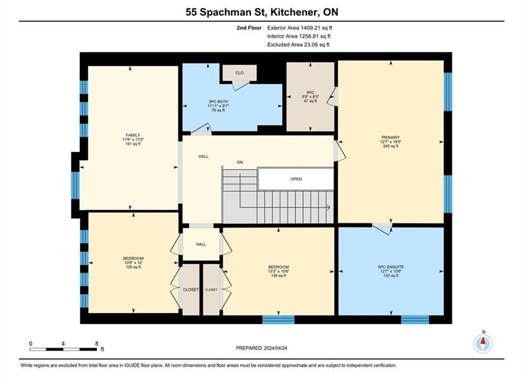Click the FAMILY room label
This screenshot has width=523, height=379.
(x=133, y=135)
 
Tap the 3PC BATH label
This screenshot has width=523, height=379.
(x=218, y=102)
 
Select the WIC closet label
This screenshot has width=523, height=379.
(x=310, y=93)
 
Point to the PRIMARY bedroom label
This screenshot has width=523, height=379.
(x=391, y=137)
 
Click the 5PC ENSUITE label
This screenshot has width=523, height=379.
(x=391, y=267)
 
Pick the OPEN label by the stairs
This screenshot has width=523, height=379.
(x=296, y=179)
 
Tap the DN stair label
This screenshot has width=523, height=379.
(x=240, y=162)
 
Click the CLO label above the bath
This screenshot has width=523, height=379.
(x=240, y=73)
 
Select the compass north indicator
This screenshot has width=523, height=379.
(x=483, y=343)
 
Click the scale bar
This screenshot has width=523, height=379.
(x=63, y=350)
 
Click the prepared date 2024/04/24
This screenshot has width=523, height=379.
(x=275, y=348)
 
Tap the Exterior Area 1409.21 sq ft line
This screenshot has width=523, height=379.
(x=300, y=28)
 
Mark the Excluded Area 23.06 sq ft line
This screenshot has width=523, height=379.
(x=298, y=44)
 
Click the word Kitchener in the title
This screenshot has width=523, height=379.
(x=293, y=12)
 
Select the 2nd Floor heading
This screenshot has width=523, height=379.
(x=249, y=28)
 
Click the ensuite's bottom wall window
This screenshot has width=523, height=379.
(x=415, y=320)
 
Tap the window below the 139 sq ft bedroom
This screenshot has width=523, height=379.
(x=279, y=320)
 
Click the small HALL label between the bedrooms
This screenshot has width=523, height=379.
(x=201, y=244)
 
